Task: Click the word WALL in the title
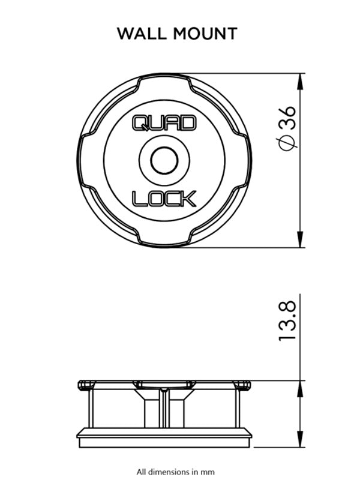pos(142,33)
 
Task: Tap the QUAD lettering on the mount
pos(163,123)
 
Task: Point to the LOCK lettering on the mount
pos(163,198)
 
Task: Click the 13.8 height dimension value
pos(287,322)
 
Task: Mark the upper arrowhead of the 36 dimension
pos(301,80)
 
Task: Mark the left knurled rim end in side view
pos(85,384)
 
